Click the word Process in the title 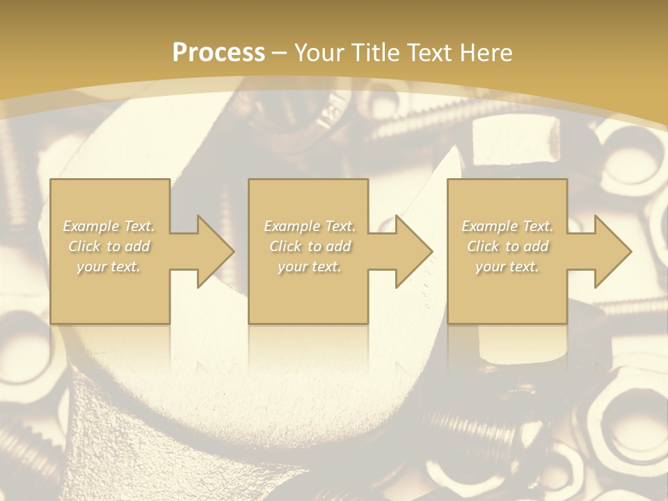click(218, 53)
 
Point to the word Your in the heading click(319, 53)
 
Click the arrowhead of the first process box click(215, 251)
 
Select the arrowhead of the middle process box click(413, 251)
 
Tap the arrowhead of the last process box click(612, 251)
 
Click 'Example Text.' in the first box click(109, 226)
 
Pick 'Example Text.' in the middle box click(310, 226)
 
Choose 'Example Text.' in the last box click(507, 226)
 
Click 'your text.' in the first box click(109, 267)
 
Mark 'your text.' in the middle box click(310, 267)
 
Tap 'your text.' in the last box click(507, 267)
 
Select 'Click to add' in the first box click(109, 246)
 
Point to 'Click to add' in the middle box click(310, 246)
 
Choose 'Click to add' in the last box click(507, 246)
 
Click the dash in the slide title click(280, 53)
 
